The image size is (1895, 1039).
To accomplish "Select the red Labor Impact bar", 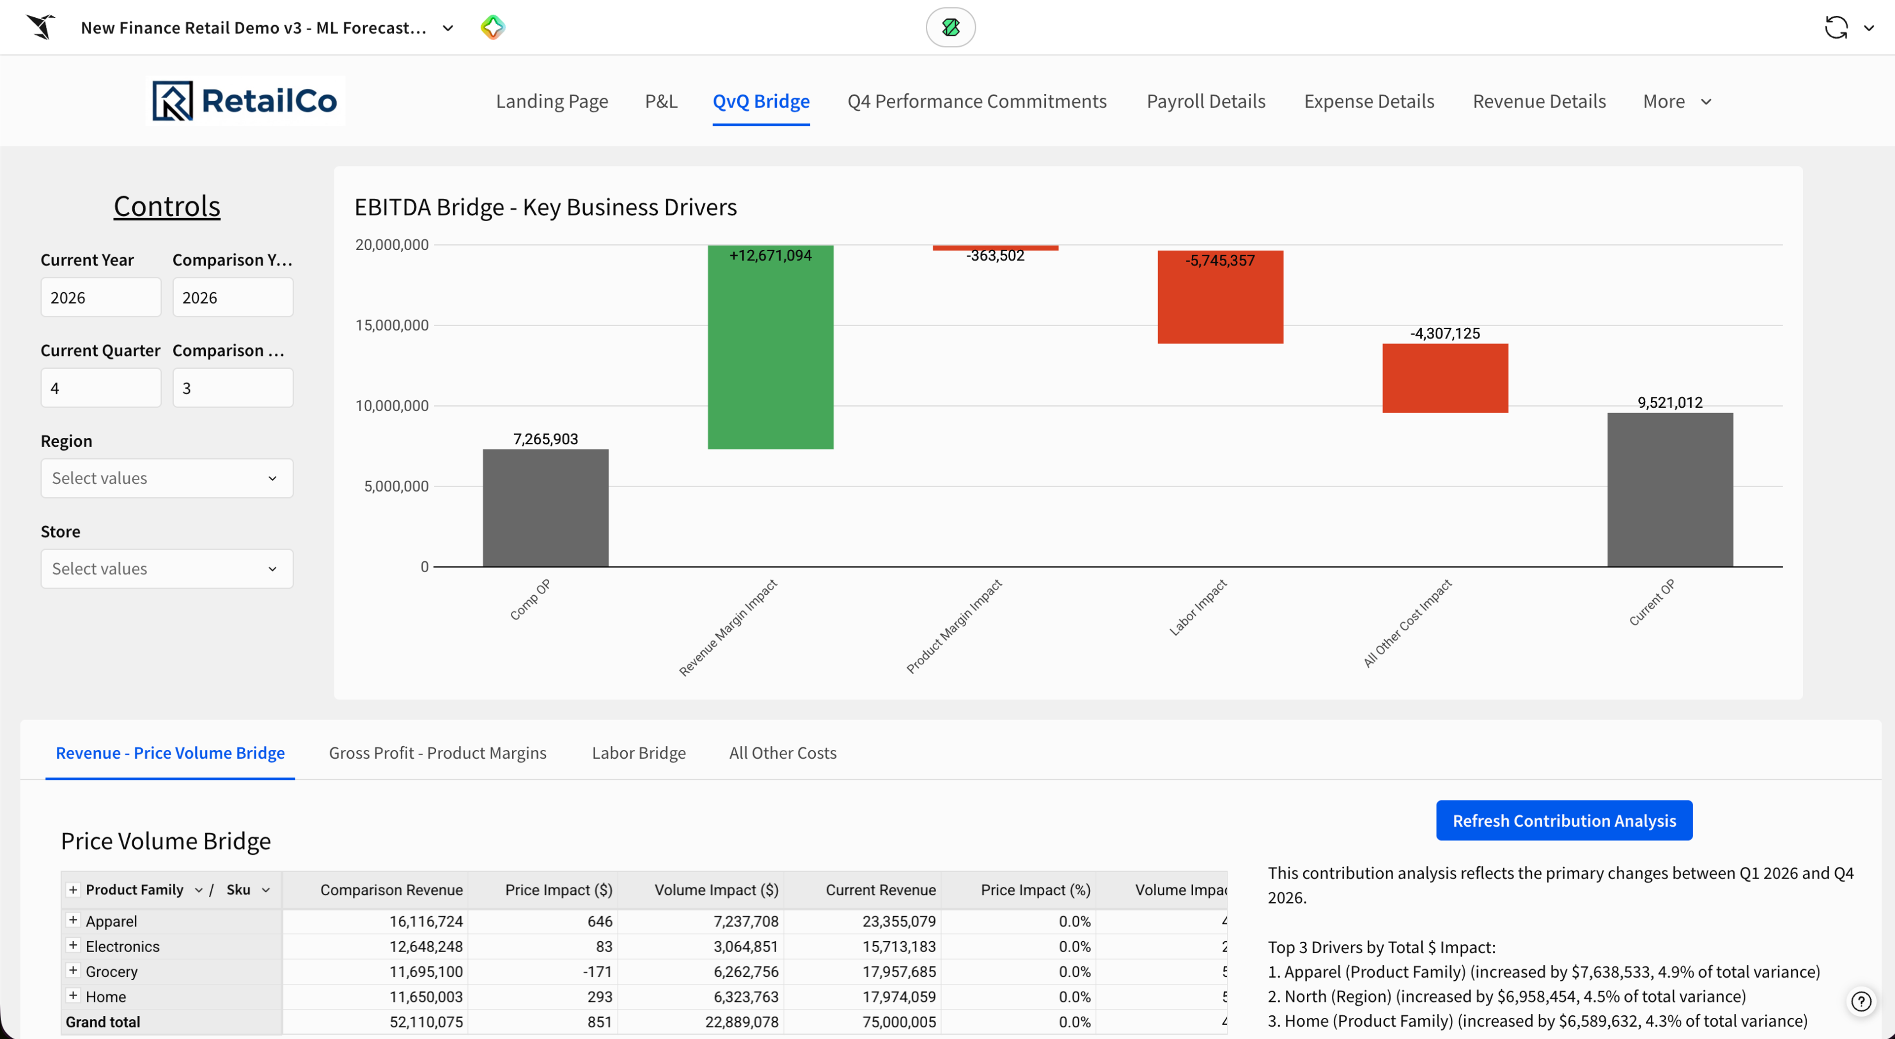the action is (1220, 297).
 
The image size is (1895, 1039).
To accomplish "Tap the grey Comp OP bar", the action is (545, 508).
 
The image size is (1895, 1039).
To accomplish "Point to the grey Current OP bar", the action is (1670, 489).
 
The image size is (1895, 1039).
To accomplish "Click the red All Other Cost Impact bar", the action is (1445, 378).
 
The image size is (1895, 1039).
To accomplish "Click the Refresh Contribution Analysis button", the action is (1564, 820).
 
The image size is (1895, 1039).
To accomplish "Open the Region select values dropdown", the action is (167, 478).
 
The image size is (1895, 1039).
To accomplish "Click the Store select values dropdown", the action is (167, 569).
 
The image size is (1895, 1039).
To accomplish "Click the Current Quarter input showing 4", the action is (101, 388).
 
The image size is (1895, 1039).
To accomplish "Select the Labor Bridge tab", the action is (639, 753).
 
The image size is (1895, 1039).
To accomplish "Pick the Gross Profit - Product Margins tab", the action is (438, 753).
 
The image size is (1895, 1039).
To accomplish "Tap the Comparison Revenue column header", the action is (391, 889).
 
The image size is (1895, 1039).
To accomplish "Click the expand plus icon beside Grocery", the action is (73, 970).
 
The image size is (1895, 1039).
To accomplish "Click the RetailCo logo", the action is (244, 101).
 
